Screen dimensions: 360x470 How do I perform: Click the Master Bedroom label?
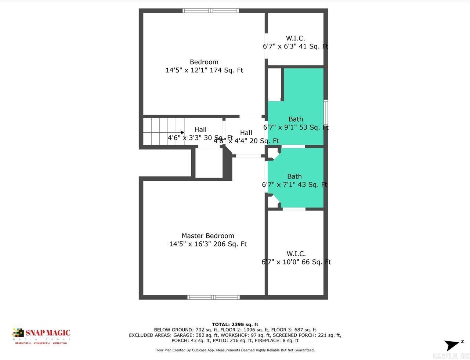[208, 236]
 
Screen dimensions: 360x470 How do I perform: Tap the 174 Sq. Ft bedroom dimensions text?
[204, 70]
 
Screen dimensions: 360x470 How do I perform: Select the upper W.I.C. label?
[295, 38]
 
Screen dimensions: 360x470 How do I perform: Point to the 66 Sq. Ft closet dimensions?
[296, 262]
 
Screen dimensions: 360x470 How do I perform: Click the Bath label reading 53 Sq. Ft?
[296, 119]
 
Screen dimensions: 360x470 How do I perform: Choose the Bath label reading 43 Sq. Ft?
[294, 176]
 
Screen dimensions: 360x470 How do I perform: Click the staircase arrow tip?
[182, 133]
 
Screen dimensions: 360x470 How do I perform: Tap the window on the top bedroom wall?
[211, 11]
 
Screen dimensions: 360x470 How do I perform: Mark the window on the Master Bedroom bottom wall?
[213, 297]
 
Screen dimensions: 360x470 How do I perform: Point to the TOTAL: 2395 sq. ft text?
[235, 324]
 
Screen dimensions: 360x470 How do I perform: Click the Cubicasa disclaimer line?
[235, 350]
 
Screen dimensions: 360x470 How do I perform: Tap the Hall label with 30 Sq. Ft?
[200, 130]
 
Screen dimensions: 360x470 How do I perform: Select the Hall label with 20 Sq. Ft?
[246, 133]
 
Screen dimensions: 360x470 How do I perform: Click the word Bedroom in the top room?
[204, 62]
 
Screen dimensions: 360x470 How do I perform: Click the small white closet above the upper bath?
[274, 84]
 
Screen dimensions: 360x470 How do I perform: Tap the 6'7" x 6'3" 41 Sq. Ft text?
[295, 47]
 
